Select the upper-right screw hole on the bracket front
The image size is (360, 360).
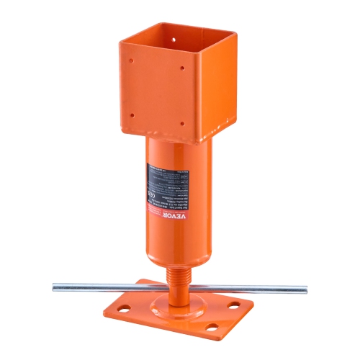(x=183, y=68)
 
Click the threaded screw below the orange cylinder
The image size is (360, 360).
(x=177, y=276)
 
